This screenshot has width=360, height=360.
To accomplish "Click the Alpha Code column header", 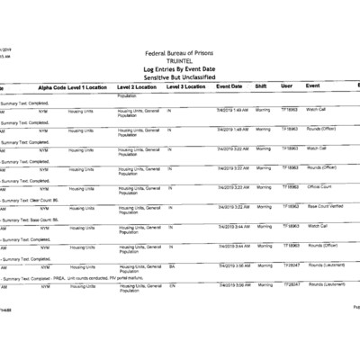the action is [x=52, y=86].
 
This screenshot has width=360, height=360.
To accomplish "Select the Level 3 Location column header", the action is [x=185, y=86].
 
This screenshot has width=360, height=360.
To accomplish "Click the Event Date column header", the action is [x=229, y=86].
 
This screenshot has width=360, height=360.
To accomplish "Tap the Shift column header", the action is [x=261, y=86].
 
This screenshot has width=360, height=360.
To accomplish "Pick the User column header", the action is [x=286, y=86].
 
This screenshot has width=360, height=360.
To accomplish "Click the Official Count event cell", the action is [x=320, y=186].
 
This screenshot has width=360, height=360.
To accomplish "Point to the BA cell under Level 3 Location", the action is [x=172, y=266].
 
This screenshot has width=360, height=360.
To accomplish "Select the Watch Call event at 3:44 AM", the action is [x=317, y=226].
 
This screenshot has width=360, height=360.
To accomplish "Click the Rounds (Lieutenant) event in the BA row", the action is [x=326, y=266].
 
